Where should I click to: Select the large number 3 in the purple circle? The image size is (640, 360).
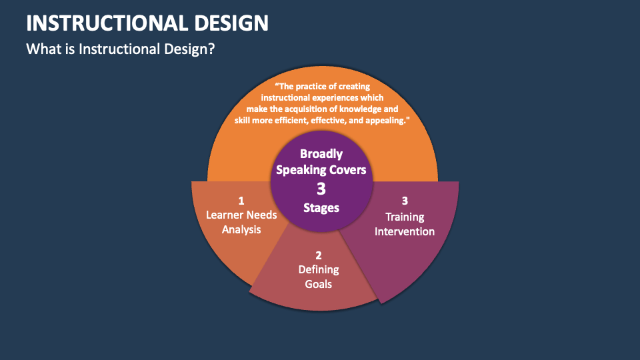(321, 189)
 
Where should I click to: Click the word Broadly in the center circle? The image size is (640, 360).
(321, 153)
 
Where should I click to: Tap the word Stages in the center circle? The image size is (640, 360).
(321, 208)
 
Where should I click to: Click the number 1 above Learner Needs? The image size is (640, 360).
(241, 200)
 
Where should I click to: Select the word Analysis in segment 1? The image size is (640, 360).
(241, 229)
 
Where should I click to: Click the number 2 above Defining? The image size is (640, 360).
(319, 255)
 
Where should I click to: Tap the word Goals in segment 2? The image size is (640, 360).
(319, 284)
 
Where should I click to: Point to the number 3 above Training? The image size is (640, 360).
(405, 200)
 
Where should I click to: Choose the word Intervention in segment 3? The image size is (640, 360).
(405, 231)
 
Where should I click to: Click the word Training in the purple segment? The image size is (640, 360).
(405, 217)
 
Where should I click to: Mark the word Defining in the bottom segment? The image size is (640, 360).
(319, 269)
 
